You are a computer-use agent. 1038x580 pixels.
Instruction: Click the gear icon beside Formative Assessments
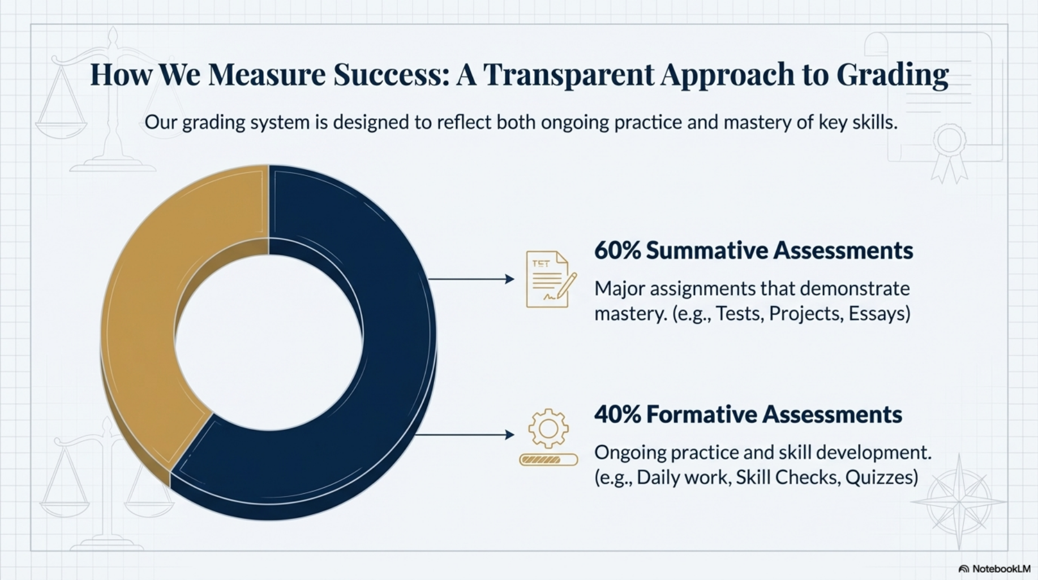tap(548, 429)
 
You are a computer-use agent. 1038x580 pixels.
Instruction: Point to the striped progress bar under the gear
tap(548, 459)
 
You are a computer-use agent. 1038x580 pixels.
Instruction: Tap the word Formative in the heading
tap(701, 415)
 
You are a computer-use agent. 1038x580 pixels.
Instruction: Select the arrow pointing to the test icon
tap(471, 279)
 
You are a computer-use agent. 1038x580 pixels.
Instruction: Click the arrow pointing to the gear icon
tap(465, 434)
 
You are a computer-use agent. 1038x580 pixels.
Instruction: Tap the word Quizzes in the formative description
tap(882, 477)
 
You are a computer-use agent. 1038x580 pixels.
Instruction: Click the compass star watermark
tap(959, 502)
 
